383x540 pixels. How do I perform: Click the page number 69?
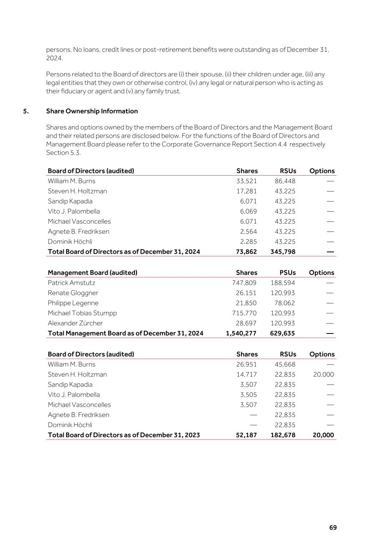[x=333, y=528]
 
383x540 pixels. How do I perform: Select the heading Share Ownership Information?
[x=92, y=111]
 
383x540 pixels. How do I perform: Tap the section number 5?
[x=26, y=111]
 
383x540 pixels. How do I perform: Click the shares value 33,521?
[x=246, y=181]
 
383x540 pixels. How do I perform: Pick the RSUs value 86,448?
[x=285, y=181]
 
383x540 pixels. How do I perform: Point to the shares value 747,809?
[x=244, y=283]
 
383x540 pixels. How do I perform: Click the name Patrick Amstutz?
[x=71, y=283]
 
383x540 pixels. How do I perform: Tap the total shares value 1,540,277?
[x=241, y=333]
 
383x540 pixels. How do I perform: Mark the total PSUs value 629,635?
[x=283, y=333]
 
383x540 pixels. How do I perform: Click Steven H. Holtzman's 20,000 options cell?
[x=323, y=375]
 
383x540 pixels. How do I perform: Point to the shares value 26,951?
[x=246, y=364]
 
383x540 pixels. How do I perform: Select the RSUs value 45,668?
[x=285, y=364]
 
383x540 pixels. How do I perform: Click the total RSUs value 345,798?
[x=283, y=252]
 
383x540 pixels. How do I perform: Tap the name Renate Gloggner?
[x=73, y=293]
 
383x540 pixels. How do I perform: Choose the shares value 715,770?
[x=244, y=313]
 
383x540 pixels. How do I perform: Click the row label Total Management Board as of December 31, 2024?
[x=125, y=333]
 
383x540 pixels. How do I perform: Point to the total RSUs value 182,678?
[x=283, y=435]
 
